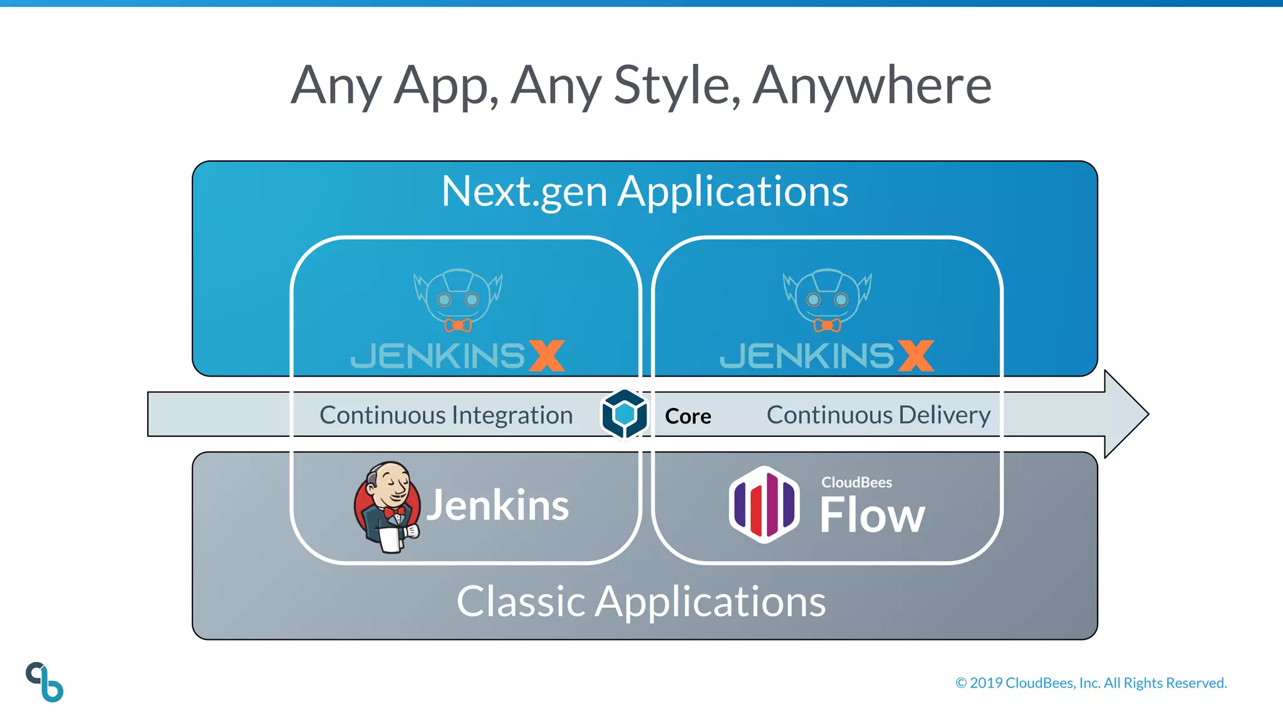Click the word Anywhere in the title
point(872,85)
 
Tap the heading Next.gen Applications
point(645,191)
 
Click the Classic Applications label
point(641,602)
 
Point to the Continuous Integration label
point(446,415)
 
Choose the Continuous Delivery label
point(878,415)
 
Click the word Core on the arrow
point(688,416)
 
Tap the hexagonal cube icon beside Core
point(624,414)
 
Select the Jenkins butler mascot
point(386,506)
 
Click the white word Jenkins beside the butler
point(498,505)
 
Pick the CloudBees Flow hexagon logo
point(764,505)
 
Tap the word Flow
point(872,515)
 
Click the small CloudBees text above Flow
point(856,483)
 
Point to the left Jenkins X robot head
point(458,300)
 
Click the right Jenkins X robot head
point(827,300)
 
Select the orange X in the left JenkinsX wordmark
point(547,355)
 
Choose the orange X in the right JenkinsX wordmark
point(916,355)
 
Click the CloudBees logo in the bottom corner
point(44,682)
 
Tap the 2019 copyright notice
point(1091,683)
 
